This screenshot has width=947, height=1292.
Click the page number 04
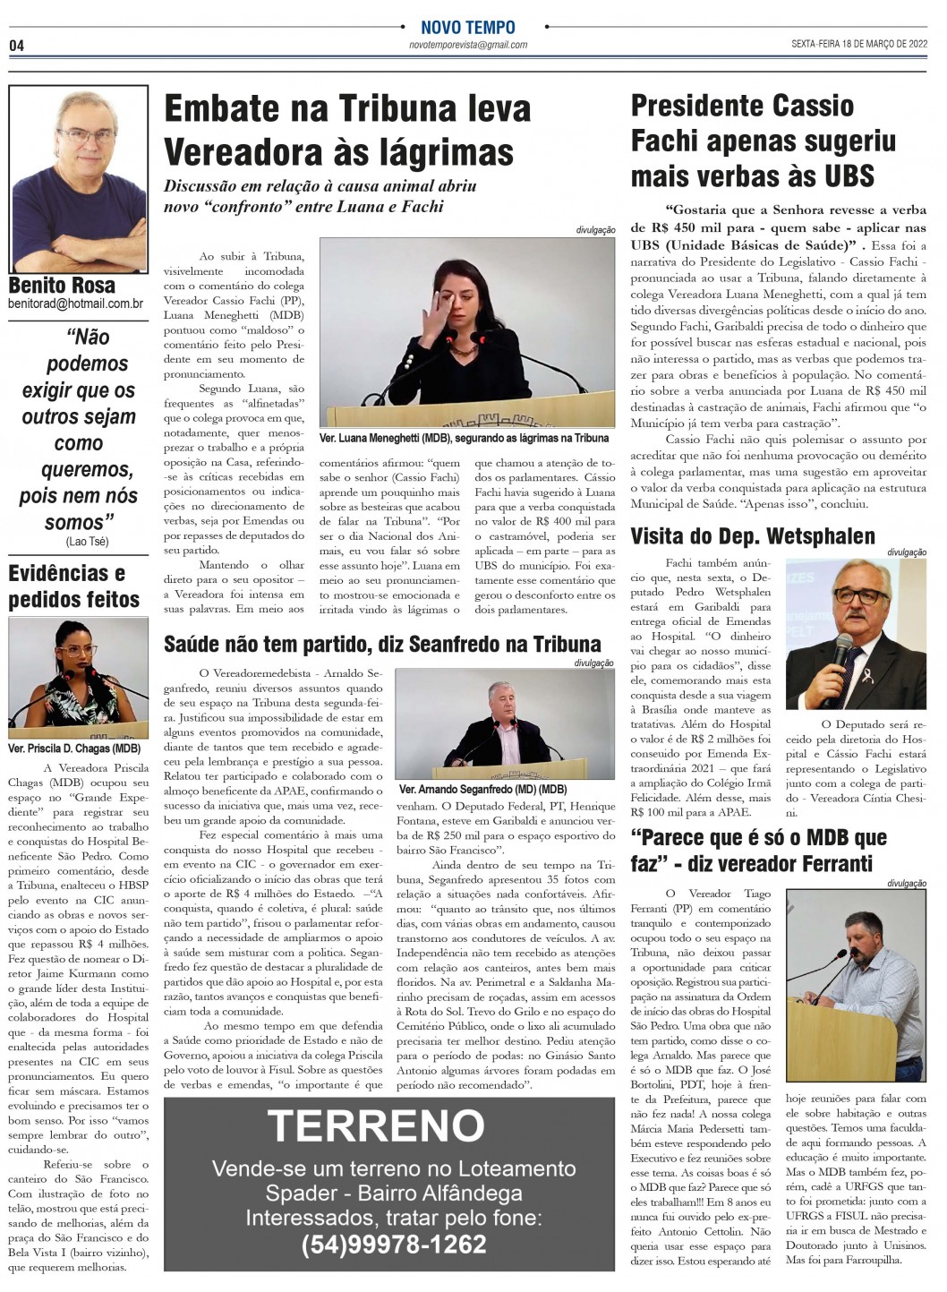(16, 46)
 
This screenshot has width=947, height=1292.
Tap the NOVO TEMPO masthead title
(467, 28)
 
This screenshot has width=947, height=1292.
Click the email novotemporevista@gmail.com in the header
(467, 45)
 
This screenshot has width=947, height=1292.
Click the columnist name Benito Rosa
(62, 286)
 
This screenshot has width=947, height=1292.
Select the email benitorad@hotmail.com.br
(76, 304)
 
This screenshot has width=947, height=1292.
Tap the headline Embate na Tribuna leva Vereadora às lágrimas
(347, 130)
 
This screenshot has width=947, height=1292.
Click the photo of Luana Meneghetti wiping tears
(466, 332)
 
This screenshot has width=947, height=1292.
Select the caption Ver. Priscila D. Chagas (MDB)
(74, 748)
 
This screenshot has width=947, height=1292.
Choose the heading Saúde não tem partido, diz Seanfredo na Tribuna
(382, 643)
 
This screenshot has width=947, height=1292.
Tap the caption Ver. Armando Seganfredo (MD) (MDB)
(482, 789)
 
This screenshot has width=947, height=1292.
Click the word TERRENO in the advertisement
(376, 1125)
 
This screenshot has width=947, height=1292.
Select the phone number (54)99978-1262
(394, 1244)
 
